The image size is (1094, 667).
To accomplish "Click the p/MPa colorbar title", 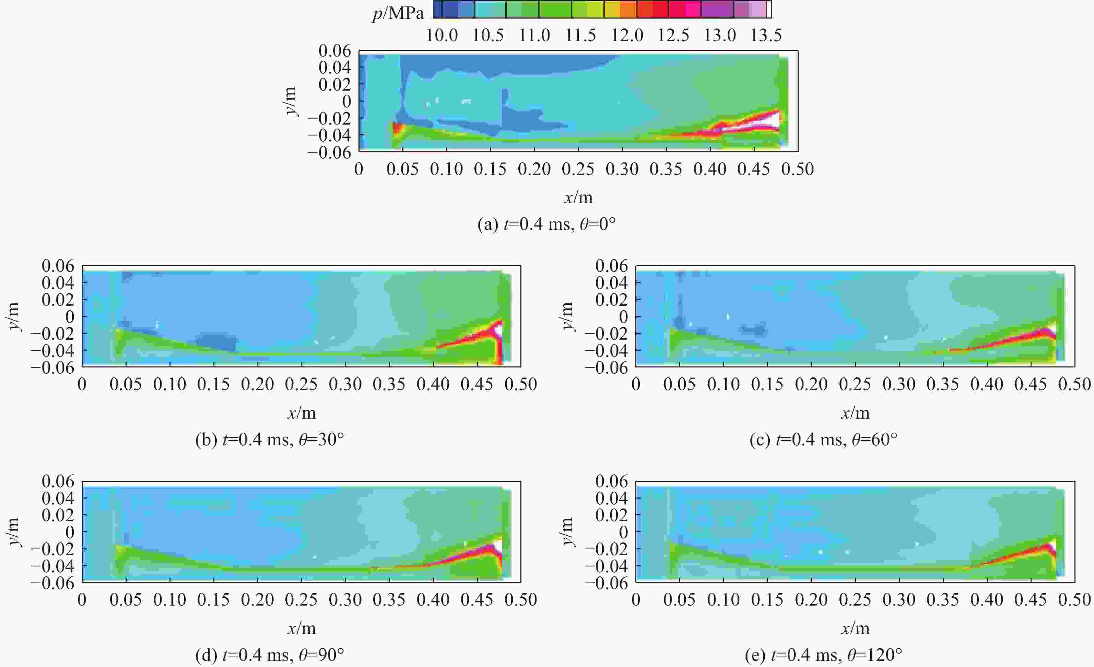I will (x=398, y=13).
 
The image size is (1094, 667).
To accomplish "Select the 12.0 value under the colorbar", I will (x=627, y=35).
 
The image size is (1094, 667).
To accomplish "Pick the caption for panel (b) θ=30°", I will (x=270, y=440).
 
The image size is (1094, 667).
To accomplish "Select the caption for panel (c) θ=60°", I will (x=824, y=440).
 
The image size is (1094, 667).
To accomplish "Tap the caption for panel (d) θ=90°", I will (x=270, y=655).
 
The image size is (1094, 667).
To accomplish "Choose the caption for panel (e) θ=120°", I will (x=824, y=655).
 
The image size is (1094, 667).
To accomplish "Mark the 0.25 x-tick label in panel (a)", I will (x=578, y=169).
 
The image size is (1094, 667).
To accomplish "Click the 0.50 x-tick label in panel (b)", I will (x=521, y=384).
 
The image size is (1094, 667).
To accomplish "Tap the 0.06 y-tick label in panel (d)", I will (x=58, y=481).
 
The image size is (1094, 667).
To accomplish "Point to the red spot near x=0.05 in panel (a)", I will (x=397, y=129).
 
